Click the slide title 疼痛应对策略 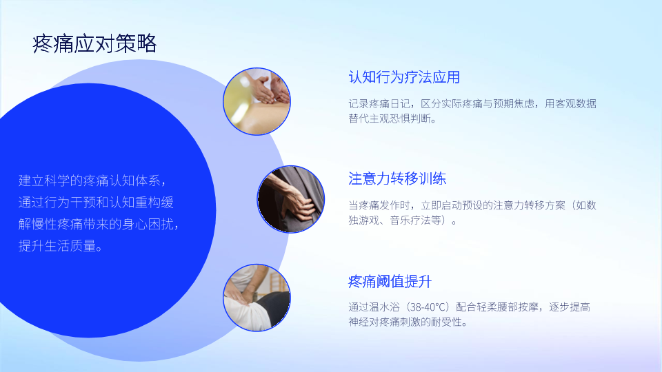[x=94, y=44]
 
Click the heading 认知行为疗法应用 [x=404, y=77]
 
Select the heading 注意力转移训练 [x=397, y=179]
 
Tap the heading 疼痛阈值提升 [x=390, y=281]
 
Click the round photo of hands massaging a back [x=257, y=102]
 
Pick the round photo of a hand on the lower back [x=291, y=199]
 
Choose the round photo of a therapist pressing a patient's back [x=257, y=298]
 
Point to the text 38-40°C [x=430, y=307]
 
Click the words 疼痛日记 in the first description [x=390, y=104]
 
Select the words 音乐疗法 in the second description [x=410, y=220]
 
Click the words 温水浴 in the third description [x=385, y=307]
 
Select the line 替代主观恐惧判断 [x=392, y=118]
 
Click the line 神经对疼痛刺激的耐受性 [x=408, y=322]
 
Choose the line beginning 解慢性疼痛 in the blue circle [x=99, y=224]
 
